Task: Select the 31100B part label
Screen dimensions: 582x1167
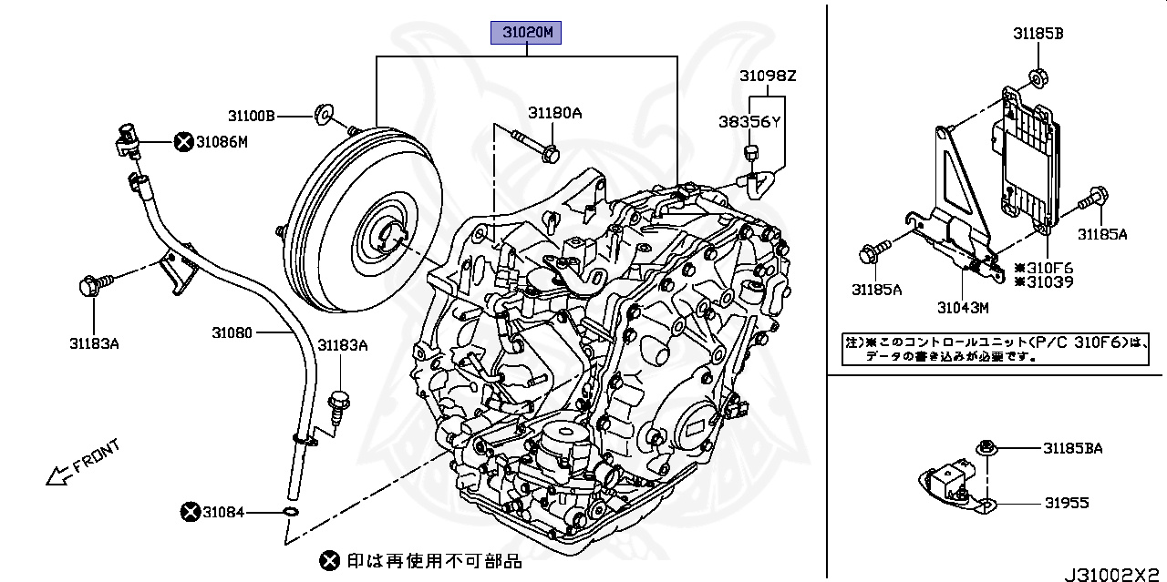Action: (251, 116)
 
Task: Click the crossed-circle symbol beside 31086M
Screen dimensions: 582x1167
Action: (183, 141)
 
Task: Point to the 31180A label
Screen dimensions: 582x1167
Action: (553, 113)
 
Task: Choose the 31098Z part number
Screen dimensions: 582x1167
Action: (768, 76)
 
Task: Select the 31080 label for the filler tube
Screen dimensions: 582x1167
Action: (232, 333)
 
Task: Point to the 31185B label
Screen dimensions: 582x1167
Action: (1038, 34)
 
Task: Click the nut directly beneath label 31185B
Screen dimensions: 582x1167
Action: (1038, 78)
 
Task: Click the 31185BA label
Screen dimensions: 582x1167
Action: (1073, 448)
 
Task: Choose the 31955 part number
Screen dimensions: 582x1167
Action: (1066, 503)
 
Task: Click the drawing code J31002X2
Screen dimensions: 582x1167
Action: (1114, 574)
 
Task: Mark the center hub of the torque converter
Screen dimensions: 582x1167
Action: (390, 237)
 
